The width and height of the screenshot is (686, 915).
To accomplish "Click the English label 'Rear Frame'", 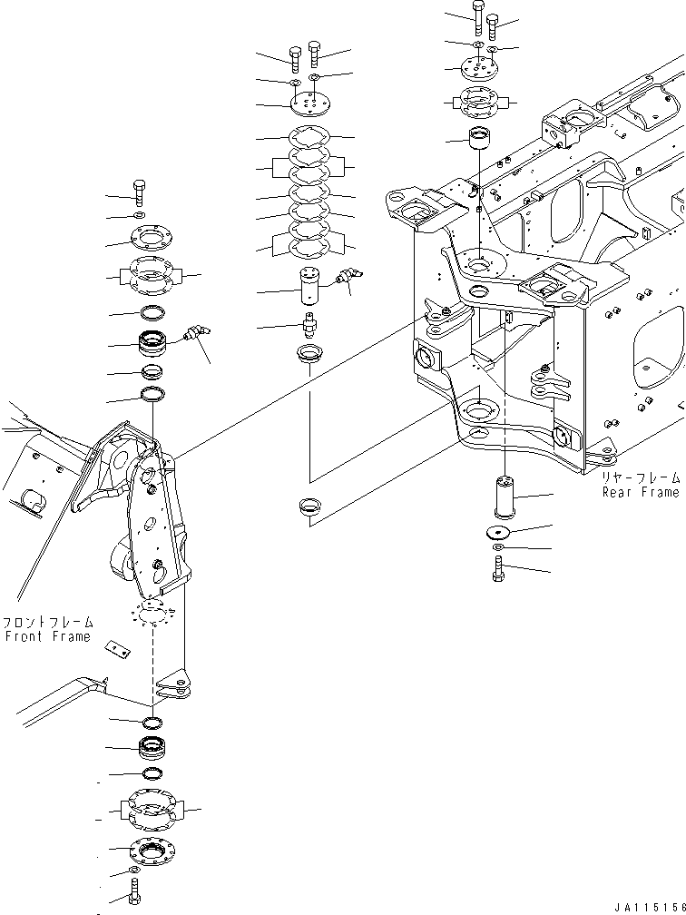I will pyautogui.click(x=640, y=492).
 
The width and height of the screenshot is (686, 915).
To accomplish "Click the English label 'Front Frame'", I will pyautogui.click(x=47, y=637).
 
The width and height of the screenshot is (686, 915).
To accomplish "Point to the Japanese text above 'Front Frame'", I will pyautogui.click(x=47, y=623).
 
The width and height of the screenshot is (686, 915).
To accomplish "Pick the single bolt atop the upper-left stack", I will pyautogui.click(x=138, y=192).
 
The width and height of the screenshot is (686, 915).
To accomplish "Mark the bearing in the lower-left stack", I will pyautogui.click(x=151, y=748).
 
